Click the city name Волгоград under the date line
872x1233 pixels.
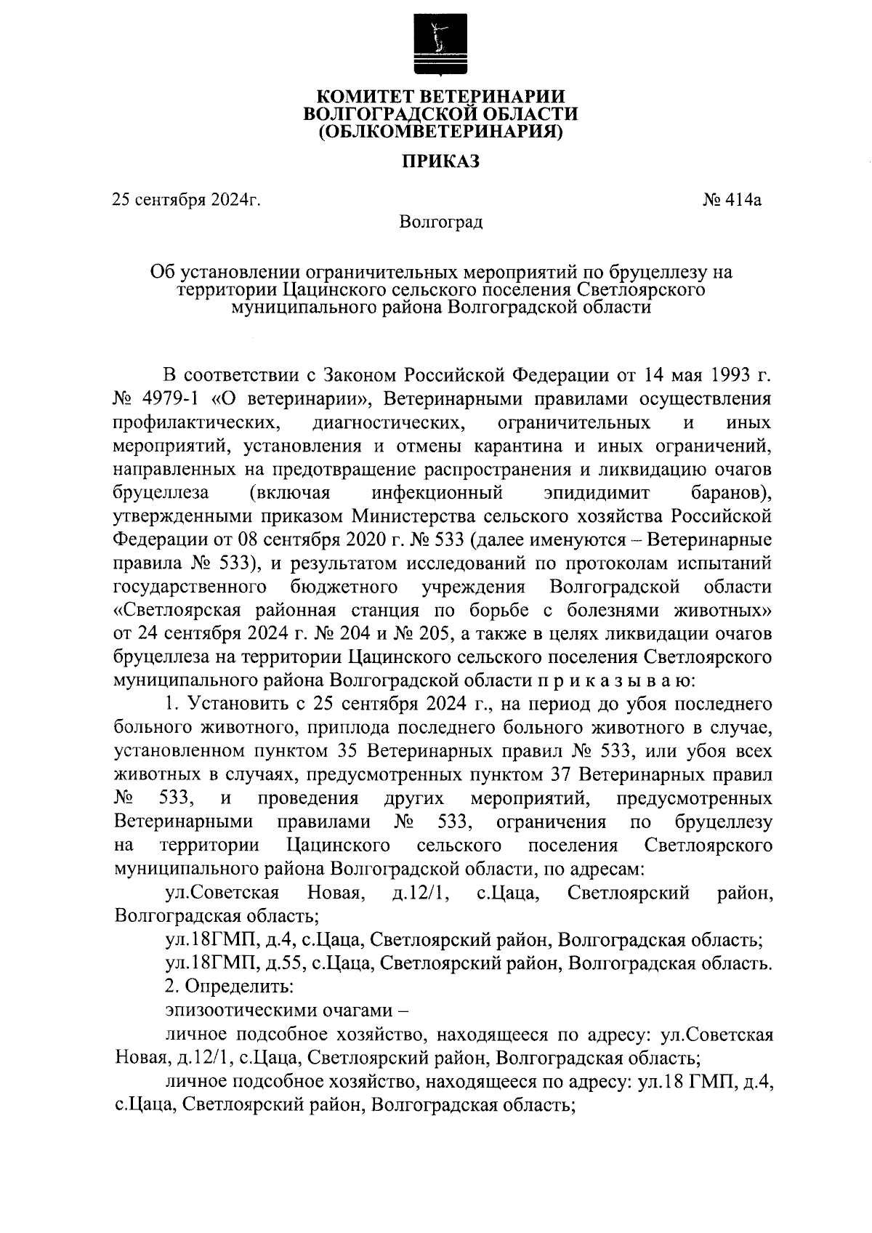pos(441,220)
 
